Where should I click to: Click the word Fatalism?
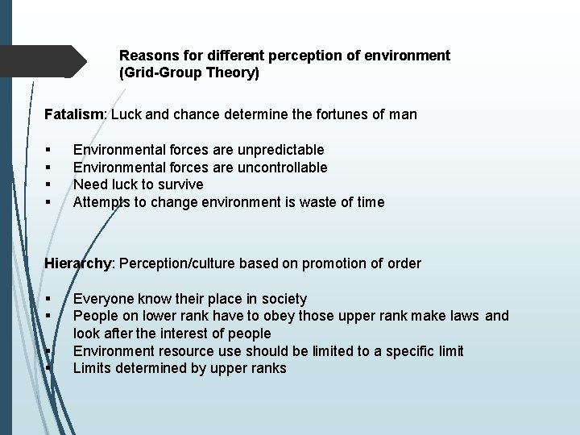coord(74,114)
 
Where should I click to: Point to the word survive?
coord(180,184)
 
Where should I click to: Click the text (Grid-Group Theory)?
coord(189,73)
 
